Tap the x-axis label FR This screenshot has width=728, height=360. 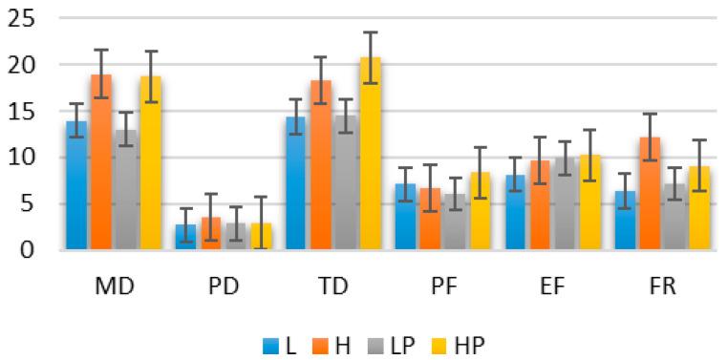click(x=663, y=286)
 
